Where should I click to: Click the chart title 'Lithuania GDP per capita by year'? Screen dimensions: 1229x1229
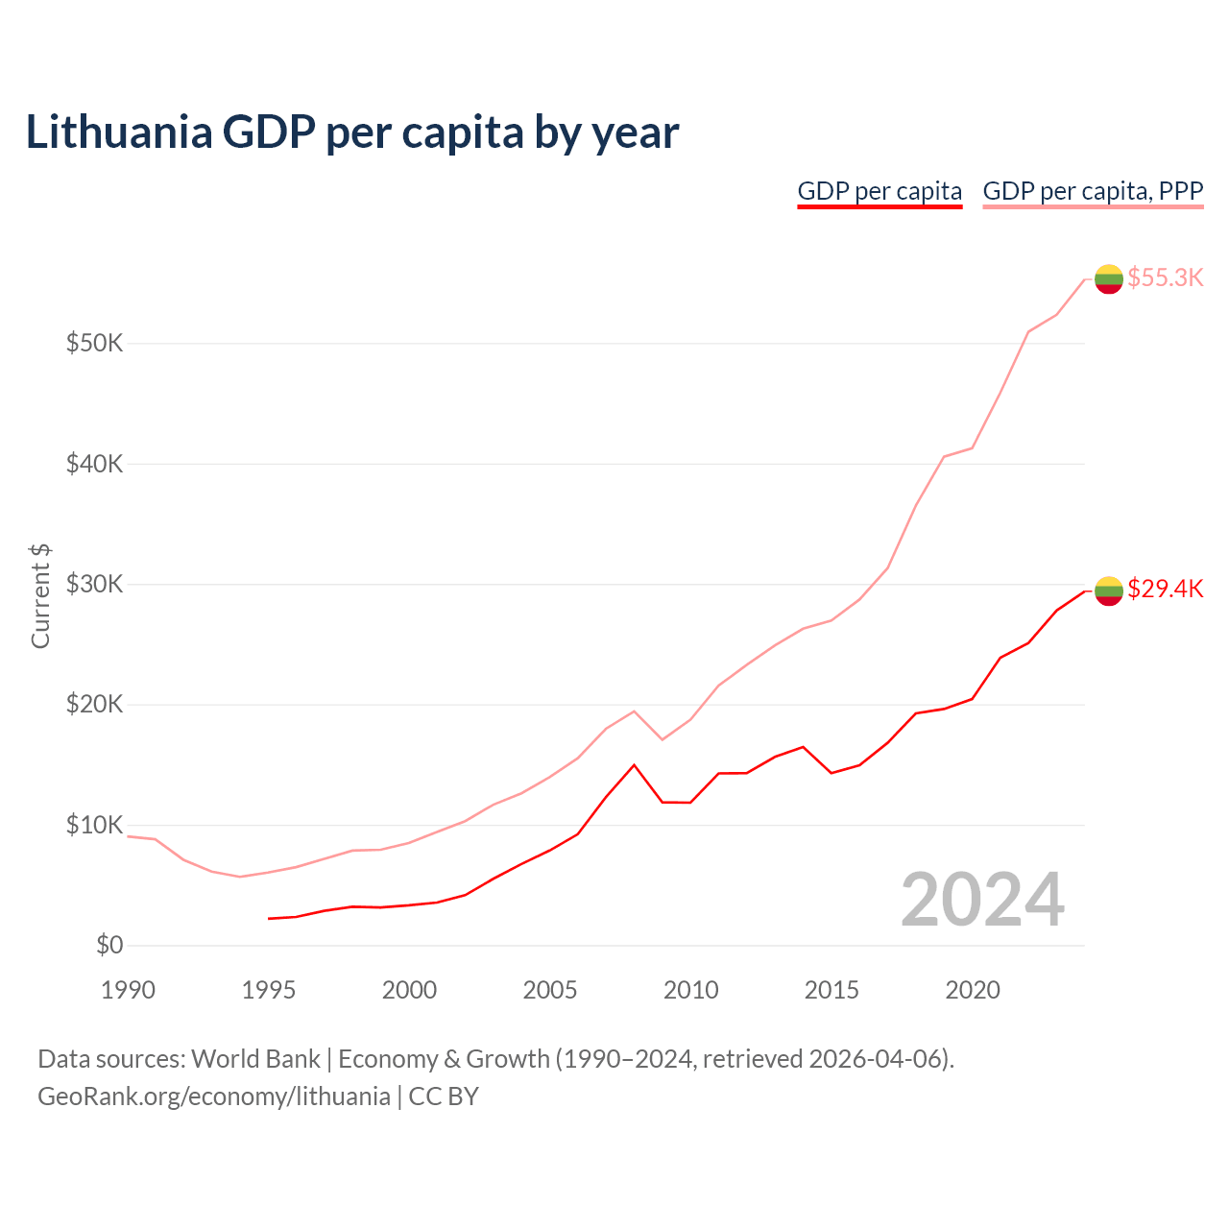[x=352, y=133]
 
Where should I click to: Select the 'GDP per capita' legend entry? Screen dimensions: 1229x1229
[x=880, y=191]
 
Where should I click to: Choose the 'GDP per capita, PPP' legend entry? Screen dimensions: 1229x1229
[x=1093, y=191]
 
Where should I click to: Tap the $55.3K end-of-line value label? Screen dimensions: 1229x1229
[x=1165, y=277]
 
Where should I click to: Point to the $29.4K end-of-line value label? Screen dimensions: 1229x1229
[x=1165, y=589]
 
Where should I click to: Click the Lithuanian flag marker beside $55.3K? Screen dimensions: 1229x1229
[x=1109, y=278]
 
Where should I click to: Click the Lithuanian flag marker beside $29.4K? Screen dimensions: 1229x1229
[x=1109, y=590]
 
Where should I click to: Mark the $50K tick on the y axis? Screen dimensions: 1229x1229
[x=94, y=343]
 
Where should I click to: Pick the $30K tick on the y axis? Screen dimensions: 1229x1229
[x=94, y=584]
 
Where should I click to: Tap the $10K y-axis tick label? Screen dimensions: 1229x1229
[x=94, y=825]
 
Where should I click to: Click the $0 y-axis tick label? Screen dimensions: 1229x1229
[x=109, y=945]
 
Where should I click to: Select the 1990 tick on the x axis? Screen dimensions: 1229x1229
[x=128, y=990]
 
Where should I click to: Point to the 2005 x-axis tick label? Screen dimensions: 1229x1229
[x=550, y=990]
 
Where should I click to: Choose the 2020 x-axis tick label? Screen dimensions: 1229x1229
[x=973, y=990]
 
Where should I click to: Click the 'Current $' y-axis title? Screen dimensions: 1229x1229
[x=40, y=595]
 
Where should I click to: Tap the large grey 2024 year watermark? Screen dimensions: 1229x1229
[x=982, y=900]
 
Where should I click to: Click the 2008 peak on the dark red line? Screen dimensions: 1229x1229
[x=634, y=765]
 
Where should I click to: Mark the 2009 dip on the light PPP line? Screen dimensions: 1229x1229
[x=663, y=739]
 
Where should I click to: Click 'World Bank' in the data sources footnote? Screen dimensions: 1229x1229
[x=255, y=1059]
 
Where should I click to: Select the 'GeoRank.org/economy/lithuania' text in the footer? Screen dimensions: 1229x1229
[x=213, y=1096]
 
